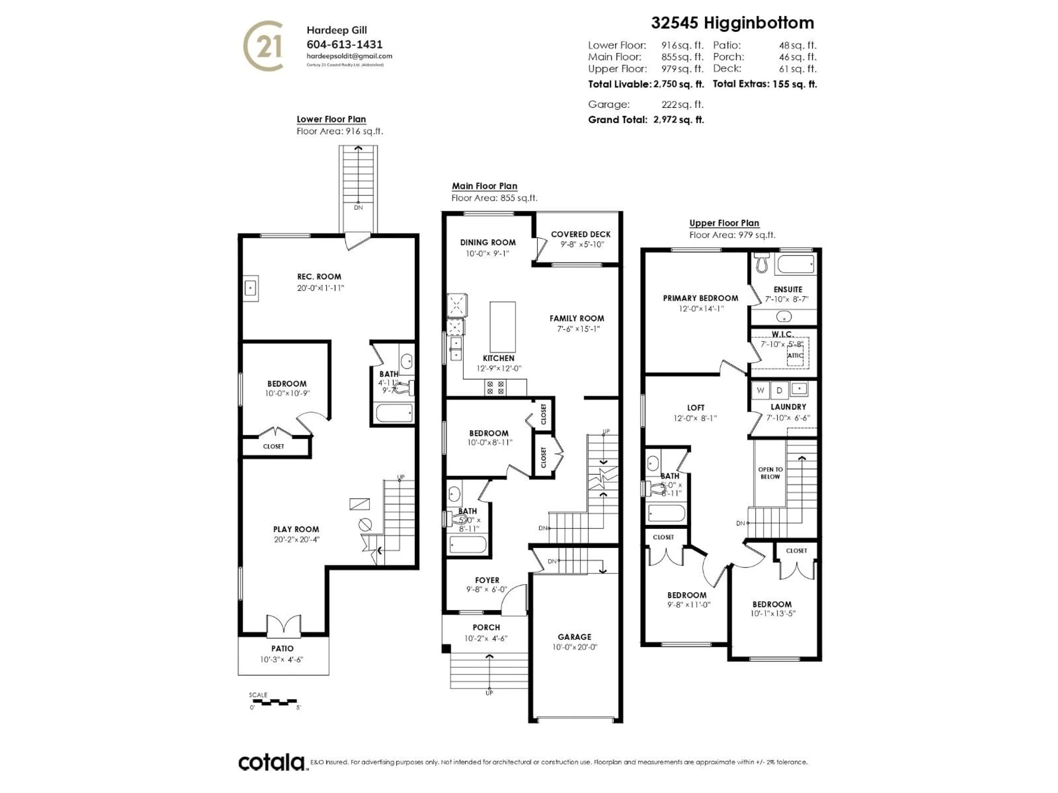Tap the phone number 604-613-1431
click(344, 44)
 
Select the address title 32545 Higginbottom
click(732, 23)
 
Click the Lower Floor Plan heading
click(331, 119)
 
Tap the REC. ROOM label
click(319, 276)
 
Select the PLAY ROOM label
click(296, 529)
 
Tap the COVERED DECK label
click(581, 234)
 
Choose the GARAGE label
click(574, 637)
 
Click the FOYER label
click(487, 580)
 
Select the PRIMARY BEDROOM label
click(700, 298)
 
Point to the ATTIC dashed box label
click(795, 355)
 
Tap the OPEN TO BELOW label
click(770, 473)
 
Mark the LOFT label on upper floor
click(695, 407)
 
